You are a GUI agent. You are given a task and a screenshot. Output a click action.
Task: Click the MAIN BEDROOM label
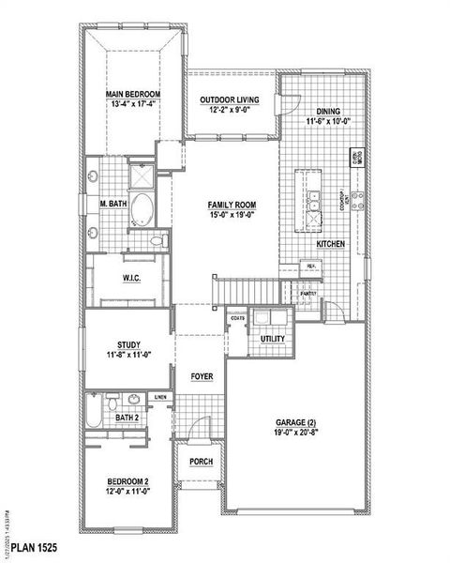point(132,95)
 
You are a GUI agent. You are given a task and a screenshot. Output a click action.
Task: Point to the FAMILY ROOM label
point(232,205)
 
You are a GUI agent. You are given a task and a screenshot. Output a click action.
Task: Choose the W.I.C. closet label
point(131,278)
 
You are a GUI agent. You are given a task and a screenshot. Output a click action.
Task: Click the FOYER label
point(201,375)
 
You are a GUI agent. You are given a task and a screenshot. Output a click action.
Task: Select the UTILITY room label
point(273,339)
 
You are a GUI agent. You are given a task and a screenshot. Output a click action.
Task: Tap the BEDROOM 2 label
point(127,482)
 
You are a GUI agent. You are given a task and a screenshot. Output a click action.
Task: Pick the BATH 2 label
point(129,417)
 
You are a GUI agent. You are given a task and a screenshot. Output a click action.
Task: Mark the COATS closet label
point(237,319)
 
